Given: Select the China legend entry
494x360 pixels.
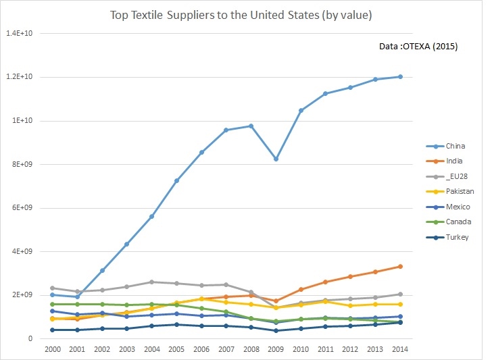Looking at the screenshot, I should click(454, 146).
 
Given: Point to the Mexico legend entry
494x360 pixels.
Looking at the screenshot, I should click(456, 207).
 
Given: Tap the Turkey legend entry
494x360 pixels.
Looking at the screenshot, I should click(455, 237).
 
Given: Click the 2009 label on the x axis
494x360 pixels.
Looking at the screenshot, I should click(276, 349).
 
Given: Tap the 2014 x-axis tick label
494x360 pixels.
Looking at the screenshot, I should click(400, 349).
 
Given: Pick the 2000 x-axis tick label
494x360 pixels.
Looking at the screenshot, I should click(52, 349).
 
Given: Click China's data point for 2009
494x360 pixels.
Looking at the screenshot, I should click(276, 159).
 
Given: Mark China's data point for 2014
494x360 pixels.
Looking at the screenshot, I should click(400, 76).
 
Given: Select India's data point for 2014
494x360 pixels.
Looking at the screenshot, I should click(400, 266).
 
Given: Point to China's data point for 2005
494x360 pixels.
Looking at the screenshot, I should click(176, 180).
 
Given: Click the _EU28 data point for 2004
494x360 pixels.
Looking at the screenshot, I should click(151, 282).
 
